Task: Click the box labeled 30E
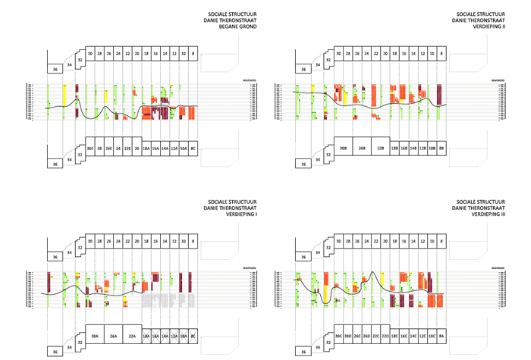coord(90,149)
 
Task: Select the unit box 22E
coord(127,149)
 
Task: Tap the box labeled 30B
coord(342,149)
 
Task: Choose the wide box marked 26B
coord(362,149)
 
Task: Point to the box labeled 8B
coord(442,149)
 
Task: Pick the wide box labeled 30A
coord(94,336)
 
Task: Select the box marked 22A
coord(132,336)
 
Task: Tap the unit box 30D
coord(348,336)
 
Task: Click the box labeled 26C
coord(357,336)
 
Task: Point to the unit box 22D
coord(385,336)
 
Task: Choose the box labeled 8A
coord(442,336)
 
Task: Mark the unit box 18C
coord(394,336)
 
